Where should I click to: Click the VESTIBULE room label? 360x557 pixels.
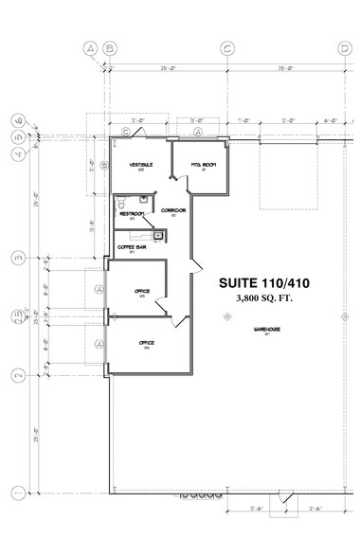pos(141,164)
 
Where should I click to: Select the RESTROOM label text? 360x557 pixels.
pos(131,214)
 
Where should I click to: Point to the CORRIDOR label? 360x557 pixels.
pos(172,209)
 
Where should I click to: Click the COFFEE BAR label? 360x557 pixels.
pos(131,247)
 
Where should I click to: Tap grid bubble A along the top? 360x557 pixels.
pos(91,46)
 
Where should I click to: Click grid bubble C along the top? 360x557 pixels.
pos(226,46)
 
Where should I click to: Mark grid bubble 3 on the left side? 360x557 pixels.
pos(17,257)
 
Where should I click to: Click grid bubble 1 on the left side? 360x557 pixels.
pos(17,492)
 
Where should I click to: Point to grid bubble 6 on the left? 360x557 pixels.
pos(17,120)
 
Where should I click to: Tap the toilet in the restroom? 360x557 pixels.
pos(120,202)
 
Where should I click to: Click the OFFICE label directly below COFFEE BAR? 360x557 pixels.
pos(142,291)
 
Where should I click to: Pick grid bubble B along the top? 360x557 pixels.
pos(110,46)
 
